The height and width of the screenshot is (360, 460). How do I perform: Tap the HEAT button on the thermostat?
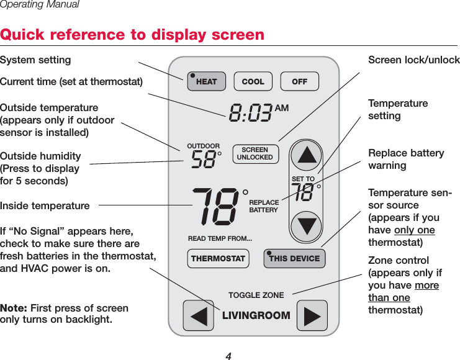(206, 81)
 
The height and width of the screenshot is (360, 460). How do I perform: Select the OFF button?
(299, 81)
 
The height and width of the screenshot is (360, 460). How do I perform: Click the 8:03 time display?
(251, 113)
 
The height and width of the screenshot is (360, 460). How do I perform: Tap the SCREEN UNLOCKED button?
(255, 154)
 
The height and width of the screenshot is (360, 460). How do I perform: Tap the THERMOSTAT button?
(218, 259)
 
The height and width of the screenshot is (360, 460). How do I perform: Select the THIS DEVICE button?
(294, 259)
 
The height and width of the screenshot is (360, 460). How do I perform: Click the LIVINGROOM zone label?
(256, 315)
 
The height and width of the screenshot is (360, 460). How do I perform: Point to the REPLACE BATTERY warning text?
(264, 207)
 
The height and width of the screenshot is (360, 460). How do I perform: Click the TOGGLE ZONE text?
(256, 295)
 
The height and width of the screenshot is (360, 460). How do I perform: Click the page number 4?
(228, 356)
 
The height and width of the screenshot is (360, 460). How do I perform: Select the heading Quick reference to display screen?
(132, 34)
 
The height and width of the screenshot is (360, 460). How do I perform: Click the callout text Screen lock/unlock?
(413, 60)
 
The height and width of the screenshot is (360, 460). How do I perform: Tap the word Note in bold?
(13, 308)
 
